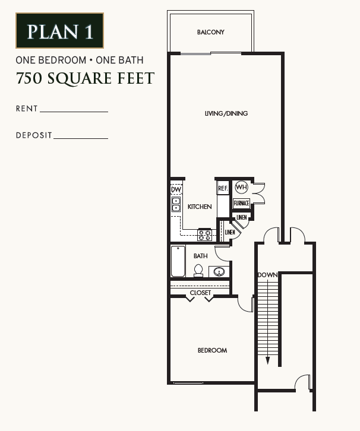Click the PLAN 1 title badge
(x=59, y=30)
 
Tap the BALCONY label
(x=211, y=32)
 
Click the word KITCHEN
(x=200, y=207)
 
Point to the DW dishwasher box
(x=176, y=189)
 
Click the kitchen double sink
(x=176, y=205)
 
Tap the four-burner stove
(x=205, y=234)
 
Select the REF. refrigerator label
(x=223, y=189)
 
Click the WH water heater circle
(x=241, y=188)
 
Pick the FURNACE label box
(x=241, y=203)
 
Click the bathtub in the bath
(x=178, y=262)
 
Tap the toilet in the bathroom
(x=198, y=270)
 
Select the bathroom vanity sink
(x=219, y=272)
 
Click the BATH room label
(x=200, y=256)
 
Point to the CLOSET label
(x=200, y=293)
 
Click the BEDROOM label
(x=212, y=350)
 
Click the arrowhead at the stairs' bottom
(x=268, y=360)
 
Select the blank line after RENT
(x=74, y=110)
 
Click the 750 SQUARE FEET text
(x=85, y=78)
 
